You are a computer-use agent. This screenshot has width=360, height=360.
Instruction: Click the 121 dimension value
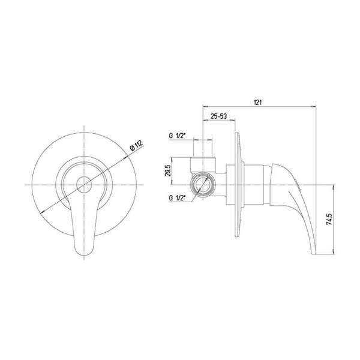[257, 103]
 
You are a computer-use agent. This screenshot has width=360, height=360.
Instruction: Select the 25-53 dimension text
[219, 116]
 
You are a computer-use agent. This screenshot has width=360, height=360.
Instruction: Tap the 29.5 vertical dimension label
[167, 170]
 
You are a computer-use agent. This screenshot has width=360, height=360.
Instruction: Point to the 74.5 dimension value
[329, 219]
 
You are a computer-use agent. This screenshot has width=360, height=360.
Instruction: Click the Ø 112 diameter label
[136, 145]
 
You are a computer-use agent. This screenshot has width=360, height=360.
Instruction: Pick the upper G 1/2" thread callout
[177, 136]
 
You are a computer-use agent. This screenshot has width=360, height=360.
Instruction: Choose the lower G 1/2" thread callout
[177, 197]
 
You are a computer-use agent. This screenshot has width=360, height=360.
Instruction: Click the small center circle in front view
[84, 185]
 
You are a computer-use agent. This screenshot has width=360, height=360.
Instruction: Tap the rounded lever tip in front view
[84, 253]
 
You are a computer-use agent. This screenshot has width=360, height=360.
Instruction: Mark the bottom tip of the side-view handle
[314, 253]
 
